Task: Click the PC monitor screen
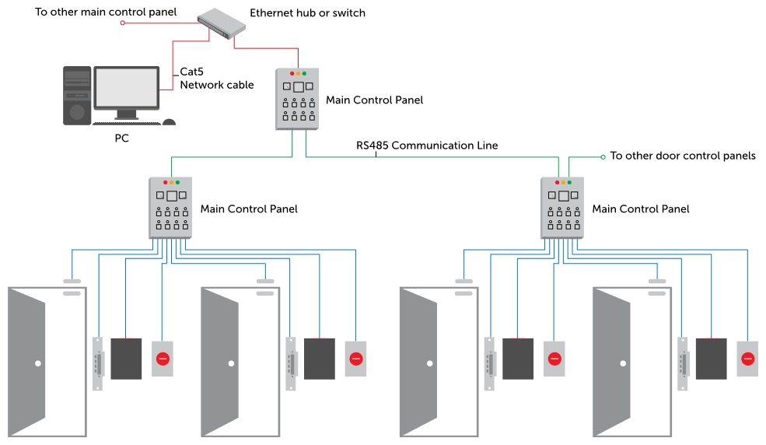pos(127,86)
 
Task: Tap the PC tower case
pos(77,96)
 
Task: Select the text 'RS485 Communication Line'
pos(427,145)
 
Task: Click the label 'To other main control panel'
pos(106,12)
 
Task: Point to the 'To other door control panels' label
pos(682,156)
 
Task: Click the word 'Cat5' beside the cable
pos(192,72)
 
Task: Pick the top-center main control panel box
pos(298,99)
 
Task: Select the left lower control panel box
pos(171,208)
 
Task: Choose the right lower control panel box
pos(563,208)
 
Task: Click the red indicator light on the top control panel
pos(292,73)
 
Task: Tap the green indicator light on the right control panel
pos(569,182)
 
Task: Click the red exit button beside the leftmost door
pos(163,359)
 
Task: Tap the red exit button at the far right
pos(747,359)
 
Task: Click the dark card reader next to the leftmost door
pos(126,358)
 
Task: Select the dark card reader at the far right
pos(711,358)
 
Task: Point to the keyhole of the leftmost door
pos(37,363)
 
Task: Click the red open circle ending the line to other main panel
pos(122,23)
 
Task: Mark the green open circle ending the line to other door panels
pos(603,157)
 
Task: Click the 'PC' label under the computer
pos(121,138)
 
